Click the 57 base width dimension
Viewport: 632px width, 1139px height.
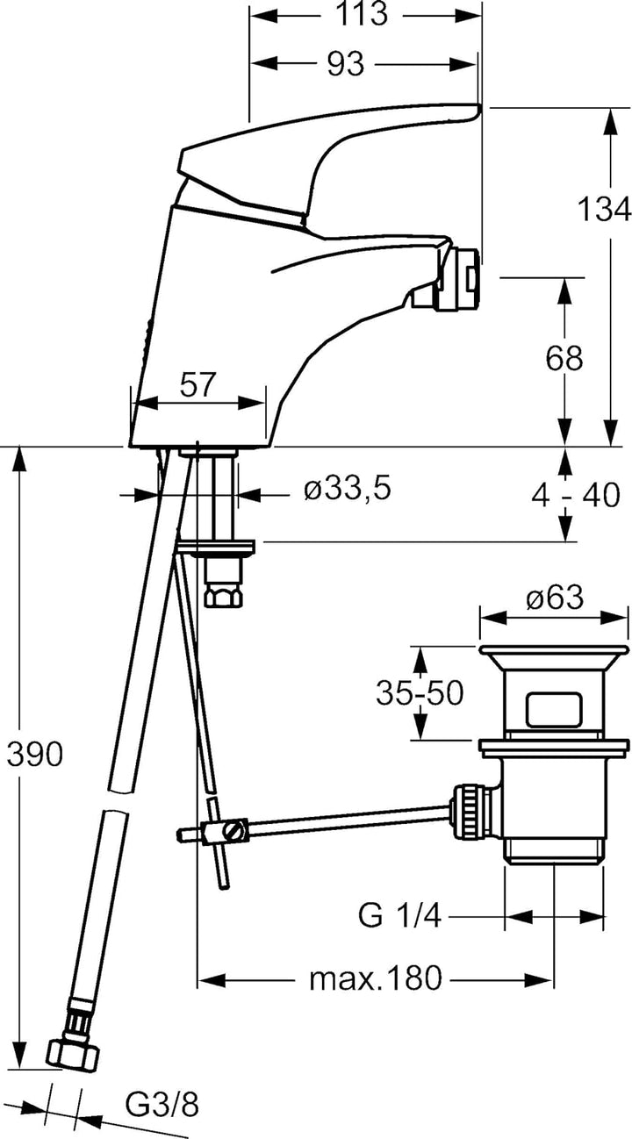click(197, 385)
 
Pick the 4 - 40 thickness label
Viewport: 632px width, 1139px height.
click(575, 496)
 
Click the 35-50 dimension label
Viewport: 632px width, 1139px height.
click(420, 693)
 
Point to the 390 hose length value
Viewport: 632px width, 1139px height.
click(34, 753)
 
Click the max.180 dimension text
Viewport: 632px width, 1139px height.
click(375, 978)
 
